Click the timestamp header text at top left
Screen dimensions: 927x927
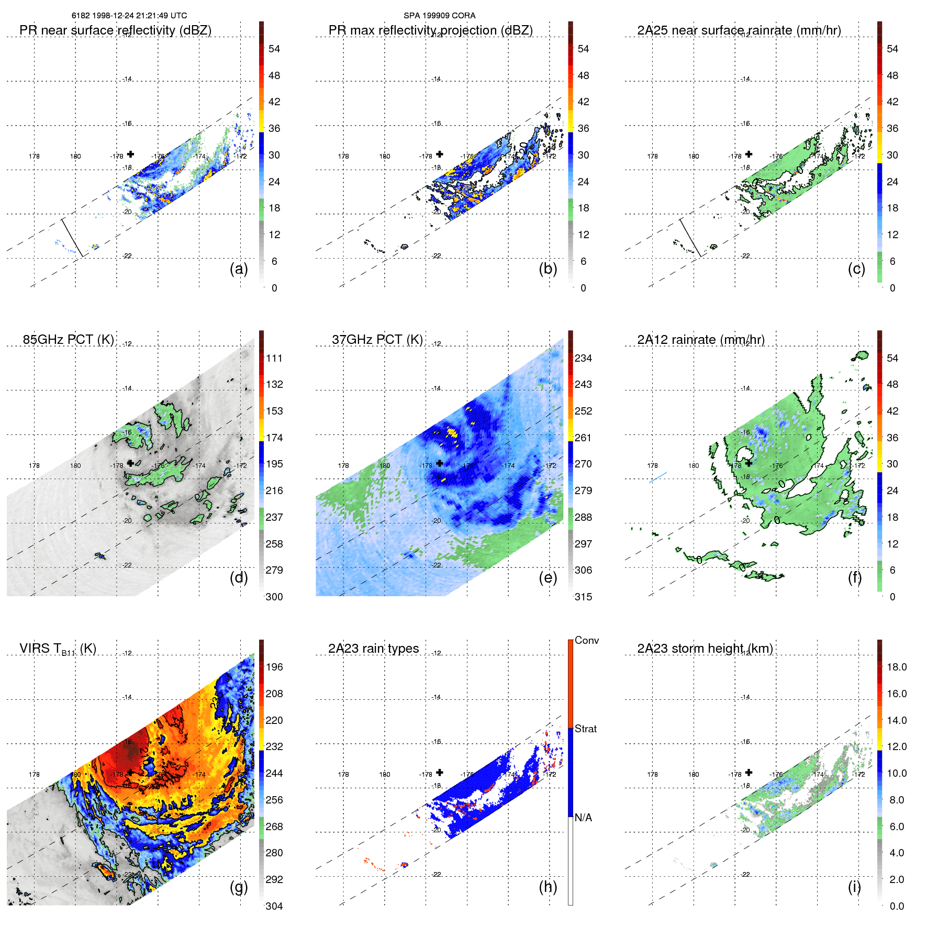[x=129, y=16]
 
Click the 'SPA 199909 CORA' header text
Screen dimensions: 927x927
[x=439, y=16]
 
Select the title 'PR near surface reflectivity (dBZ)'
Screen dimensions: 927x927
[x=116, y=30]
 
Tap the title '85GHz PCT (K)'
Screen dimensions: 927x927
[x=69, y=340]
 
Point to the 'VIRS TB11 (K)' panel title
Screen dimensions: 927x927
[x=58, y=649]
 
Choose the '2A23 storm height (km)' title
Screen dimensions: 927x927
[x=705, y=649]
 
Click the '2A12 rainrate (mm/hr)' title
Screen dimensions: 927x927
[x=701, y=340]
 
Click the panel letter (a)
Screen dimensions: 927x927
[x=239, y=269]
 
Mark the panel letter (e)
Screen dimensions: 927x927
[x=548, y=577]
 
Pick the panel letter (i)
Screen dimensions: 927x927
[x=854, y=887]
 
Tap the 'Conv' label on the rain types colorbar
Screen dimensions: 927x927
[x=586, y=641]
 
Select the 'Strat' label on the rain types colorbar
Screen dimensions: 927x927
[x=586, y=729]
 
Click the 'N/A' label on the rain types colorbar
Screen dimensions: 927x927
[x=583, y=818]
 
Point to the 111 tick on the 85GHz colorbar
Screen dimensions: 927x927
[x=274, y=359]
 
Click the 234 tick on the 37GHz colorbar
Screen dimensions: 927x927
[x=583, y=359]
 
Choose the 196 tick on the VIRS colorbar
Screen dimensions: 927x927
[x=274, y=667]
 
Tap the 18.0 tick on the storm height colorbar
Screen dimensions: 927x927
[x=896, y=667]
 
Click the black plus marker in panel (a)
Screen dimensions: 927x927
[x=131, y=154]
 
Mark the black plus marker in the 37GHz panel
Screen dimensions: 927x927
[x=440, y=463]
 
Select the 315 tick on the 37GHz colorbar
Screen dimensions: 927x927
[x=583, y=597]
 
